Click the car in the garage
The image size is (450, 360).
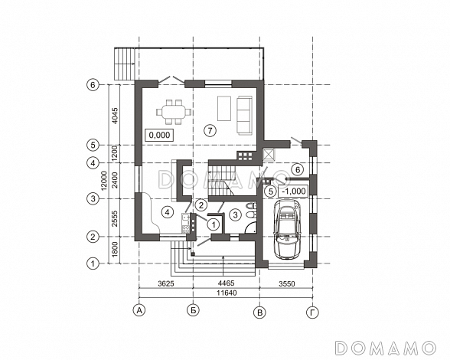[x=287, y=229]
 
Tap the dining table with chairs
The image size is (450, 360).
[x=174, y=112]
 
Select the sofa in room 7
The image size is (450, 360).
[x=244, y=115]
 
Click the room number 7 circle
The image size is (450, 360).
[x=210, y=131]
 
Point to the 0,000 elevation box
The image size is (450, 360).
[x=159, y=135]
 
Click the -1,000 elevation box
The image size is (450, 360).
[x=294, y=191]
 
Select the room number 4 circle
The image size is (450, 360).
[x=168, y=212]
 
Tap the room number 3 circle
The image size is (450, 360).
[x=236, y=215]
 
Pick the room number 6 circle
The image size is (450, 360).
[x=298, y=170]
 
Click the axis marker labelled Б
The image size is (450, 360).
[x=193, y=310]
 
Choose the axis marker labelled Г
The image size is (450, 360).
[x=312, y=313]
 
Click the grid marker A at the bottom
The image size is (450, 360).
[x=139, y=310]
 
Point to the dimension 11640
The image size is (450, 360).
[x=227, y=293]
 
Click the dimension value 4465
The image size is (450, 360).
[x=227, y=283]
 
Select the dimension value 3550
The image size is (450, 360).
[x=287, y=284]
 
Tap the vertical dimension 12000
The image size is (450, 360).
[x=104, y=181]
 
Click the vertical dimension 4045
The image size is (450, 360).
[x=115, y=116]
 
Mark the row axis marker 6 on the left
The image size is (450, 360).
[x=93, y=85]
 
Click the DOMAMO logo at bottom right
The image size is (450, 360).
[x=386, y=348]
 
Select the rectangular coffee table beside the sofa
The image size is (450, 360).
[x=224, y=109]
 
